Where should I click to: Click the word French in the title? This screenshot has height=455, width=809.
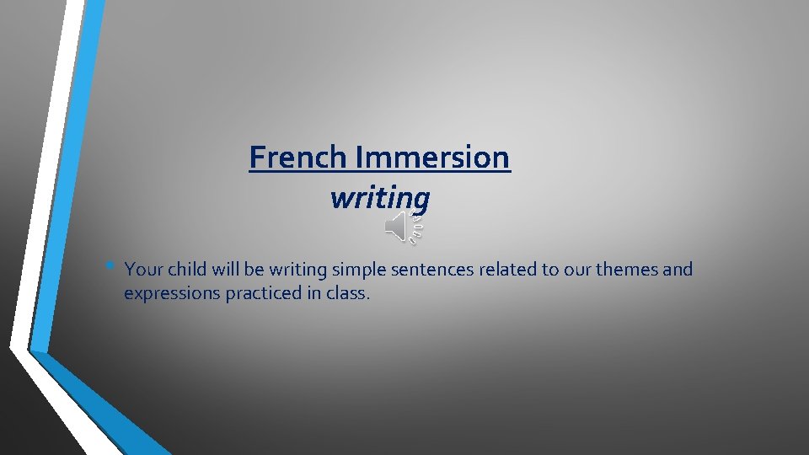[x=298, y=157]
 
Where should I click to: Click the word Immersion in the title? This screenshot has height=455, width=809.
[x=433, y=157]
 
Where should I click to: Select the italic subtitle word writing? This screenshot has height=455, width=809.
[x=380, y=198]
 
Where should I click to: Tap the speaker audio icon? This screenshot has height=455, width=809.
[x=402, y=228]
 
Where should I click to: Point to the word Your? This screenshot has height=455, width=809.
[x=143, y=270]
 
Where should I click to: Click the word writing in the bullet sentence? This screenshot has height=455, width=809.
[x=299, y=270]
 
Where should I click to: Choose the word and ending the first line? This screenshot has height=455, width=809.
[x=678, y=270]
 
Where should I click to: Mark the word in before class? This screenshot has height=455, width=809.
[x=317, y=294]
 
